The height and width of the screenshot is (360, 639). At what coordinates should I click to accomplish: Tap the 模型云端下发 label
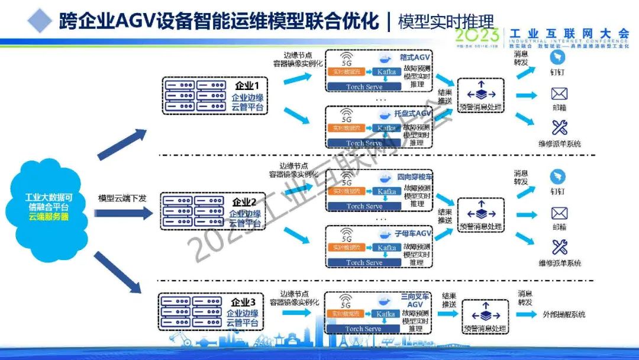pos(122,198)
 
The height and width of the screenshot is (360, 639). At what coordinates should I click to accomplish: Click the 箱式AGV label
pos(415,57)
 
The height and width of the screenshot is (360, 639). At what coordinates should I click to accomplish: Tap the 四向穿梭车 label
pos(414,177)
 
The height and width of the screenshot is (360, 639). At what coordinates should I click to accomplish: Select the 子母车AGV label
pos(414,234)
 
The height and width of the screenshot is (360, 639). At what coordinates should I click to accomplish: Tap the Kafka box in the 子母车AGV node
pos(386,247)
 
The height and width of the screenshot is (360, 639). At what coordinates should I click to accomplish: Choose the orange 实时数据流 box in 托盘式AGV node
pos(346,128)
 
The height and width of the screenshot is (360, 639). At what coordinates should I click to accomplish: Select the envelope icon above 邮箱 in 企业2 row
pos(559,214)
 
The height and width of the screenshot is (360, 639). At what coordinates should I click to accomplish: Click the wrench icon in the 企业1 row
pos(559,127)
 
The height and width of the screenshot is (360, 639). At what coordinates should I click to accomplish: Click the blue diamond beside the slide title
pos(40,20)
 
